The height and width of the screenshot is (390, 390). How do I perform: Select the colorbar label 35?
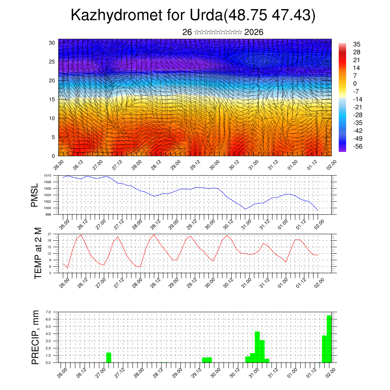(357, 44)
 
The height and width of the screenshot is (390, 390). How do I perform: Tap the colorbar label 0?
(355, 83)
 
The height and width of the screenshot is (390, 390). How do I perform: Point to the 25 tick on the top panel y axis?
(51, 61)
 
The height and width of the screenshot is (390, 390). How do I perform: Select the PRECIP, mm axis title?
(35, 337)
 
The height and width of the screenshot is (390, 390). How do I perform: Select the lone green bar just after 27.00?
(109, 358)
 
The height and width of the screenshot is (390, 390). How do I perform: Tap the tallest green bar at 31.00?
(257, 347)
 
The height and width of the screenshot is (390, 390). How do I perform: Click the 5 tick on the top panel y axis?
(53, 137)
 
